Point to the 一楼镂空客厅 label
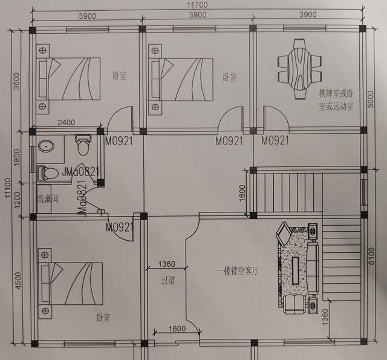[x=238, y=272]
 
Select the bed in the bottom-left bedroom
[x=67, y=283]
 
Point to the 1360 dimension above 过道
[x=167, y=264]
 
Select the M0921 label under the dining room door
[x=275, y=141]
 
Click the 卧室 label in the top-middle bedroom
[x=229, y=77]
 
